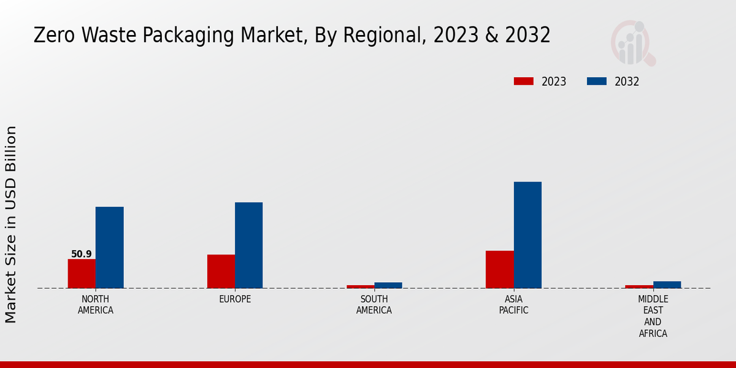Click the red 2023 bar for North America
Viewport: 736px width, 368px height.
coord(82,274)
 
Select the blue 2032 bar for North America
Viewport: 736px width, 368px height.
coord(109,247)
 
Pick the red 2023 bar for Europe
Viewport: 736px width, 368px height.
coord(221,271)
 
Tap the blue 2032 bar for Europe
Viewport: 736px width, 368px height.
coord(248,245)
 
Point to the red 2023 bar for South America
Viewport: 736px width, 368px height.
coord(360,286)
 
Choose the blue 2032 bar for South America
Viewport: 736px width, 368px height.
coord(388,285)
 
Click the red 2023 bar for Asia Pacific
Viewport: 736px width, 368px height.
coord(499,269)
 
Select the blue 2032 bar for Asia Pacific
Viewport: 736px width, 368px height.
coord(527,235)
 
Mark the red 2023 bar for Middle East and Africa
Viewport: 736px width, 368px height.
coord(638,286)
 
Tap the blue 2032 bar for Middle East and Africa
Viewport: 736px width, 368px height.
coord(667,285)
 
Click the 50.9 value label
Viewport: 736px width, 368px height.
coord(82,254)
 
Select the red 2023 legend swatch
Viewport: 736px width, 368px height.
coord(524,82)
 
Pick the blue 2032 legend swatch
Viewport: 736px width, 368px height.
coord(597,82)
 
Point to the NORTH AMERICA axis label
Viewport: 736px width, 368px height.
coord(96,305)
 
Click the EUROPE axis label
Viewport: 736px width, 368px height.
coord(235,299)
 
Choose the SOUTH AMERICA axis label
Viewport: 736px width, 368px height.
coord(374,305)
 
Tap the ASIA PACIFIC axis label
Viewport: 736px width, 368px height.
coord(513,305)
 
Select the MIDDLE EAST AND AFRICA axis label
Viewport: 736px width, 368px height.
coord(653,316)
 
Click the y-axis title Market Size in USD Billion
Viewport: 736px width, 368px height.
coord(11,224)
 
